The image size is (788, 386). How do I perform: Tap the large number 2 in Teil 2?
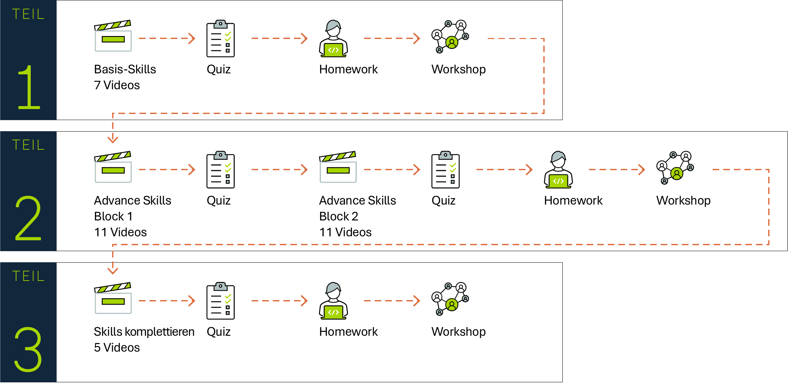[x=28, y=218]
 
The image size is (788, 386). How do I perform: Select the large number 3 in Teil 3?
[x=28, y=349]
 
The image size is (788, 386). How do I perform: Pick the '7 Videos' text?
[x=117, y=85]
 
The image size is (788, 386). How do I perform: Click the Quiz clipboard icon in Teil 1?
[x=221, y=38]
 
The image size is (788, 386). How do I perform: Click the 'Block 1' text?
[x=113, y=216]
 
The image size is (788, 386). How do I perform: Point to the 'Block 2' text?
[x=339, y=216]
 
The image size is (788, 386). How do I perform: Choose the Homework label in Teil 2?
[x=573, y=201]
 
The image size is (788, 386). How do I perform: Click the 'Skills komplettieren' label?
[x=144, y=332]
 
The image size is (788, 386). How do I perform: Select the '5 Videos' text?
[x=117, y=348]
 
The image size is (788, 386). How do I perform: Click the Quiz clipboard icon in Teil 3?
[x=221, y=301]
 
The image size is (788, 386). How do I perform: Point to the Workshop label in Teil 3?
[x=458, y=332]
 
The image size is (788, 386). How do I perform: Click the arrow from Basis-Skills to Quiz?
[x=167, y=38]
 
